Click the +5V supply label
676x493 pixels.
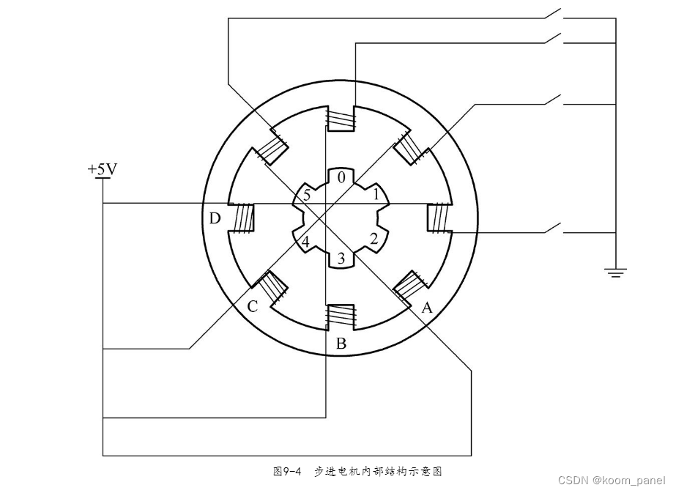coord(102,169)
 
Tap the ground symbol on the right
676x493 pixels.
coord(615,273)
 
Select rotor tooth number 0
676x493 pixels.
coord(341,177)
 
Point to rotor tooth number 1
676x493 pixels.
coord(376,195)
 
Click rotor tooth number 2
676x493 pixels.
coord(374,238)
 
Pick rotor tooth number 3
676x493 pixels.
coord(340,257)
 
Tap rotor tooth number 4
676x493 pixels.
coord(305,241)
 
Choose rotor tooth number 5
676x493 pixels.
coord(306,196)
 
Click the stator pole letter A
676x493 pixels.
coord(427,308)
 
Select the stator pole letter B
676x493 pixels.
coord(341,344)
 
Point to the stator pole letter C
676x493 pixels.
coord(252,306)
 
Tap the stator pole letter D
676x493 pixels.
coord(214,218)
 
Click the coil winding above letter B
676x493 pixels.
coord(341,316)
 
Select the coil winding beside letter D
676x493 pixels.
coord(242,218)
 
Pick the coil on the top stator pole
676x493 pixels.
coord(341,117)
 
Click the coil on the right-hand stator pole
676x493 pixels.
coord(438,218)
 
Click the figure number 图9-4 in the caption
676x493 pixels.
coord(288,472)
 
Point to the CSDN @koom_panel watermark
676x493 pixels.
coord(611,481)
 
